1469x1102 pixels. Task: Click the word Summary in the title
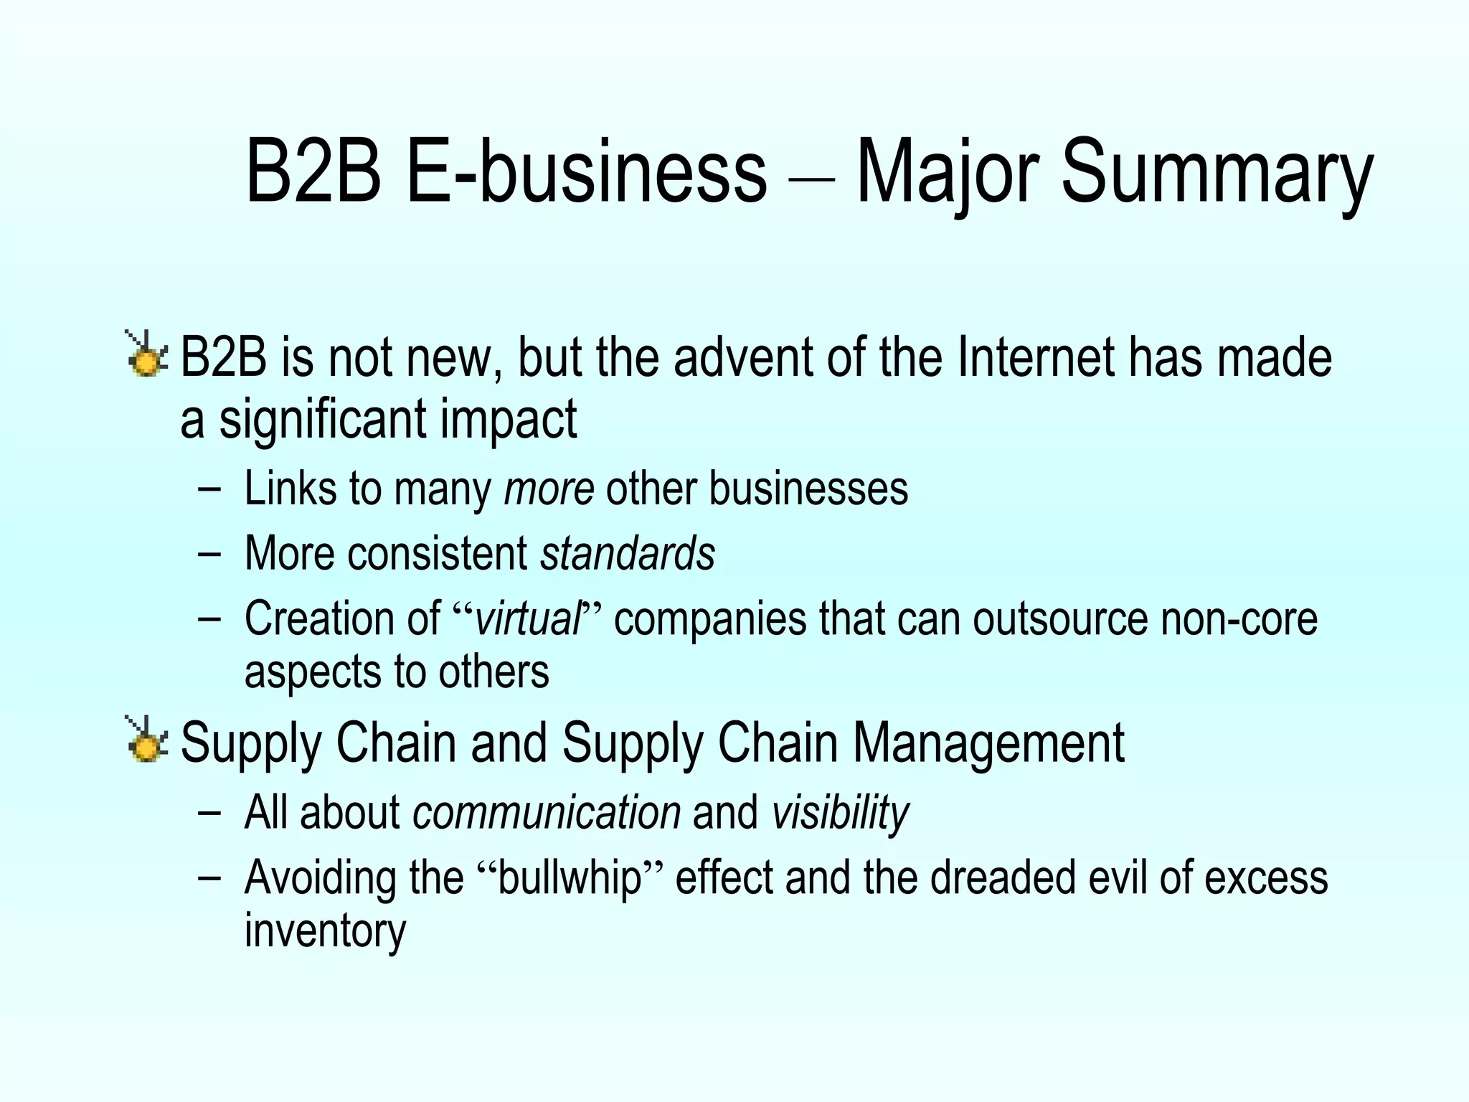pyautogui.click(x=1216, y=174)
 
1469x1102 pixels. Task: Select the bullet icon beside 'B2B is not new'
pyautogui.click(x=146, y=355)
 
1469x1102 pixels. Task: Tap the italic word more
pyautogui.click(x=549, y=489)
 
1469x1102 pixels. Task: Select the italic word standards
pyautogui.click(x=628, y=554)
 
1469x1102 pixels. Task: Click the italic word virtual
pyautogui.click(x=528, y=618)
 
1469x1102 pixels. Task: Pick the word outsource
pyautogui.click(x=1061, y=618)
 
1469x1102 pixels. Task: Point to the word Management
pyautogui.click(x=988, y=743)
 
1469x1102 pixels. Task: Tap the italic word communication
pyautogui.click(x=547, y=813)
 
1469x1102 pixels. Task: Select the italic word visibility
pyautogui.click(x=840, y=813)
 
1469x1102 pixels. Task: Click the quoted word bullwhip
pyautogui.click(x=569, y=878)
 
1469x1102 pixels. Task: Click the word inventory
pyautogui.click(x=325, y=931)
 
